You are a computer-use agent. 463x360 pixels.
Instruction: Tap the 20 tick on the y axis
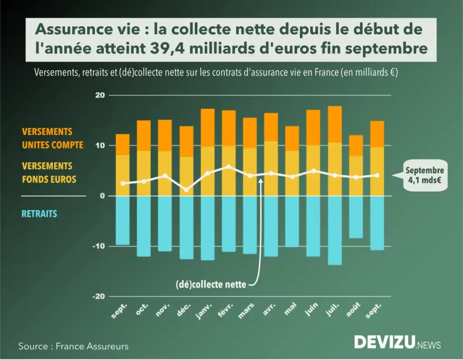(x=99, y=95)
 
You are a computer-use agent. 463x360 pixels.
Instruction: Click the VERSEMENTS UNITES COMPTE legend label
(x=53, y=138)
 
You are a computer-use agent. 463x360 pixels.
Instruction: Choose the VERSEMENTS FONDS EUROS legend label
(x=49, y=173)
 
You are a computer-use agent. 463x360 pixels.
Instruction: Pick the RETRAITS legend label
(x=40, y=213)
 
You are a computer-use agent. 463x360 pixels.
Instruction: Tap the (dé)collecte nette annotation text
(x=211, y=285)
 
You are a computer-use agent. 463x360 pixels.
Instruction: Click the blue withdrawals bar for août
(x=355, y=217)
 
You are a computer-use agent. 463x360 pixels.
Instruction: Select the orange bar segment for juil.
(x=335, y=124)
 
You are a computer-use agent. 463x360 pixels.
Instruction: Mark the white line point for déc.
(x=186, y=189)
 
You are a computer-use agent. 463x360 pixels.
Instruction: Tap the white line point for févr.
(x=228, y=167)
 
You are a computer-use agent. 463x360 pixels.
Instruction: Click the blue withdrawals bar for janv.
(x=207, y=228)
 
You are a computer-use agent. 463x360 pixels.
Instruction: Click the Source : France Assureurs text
(x=73, y=346)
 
